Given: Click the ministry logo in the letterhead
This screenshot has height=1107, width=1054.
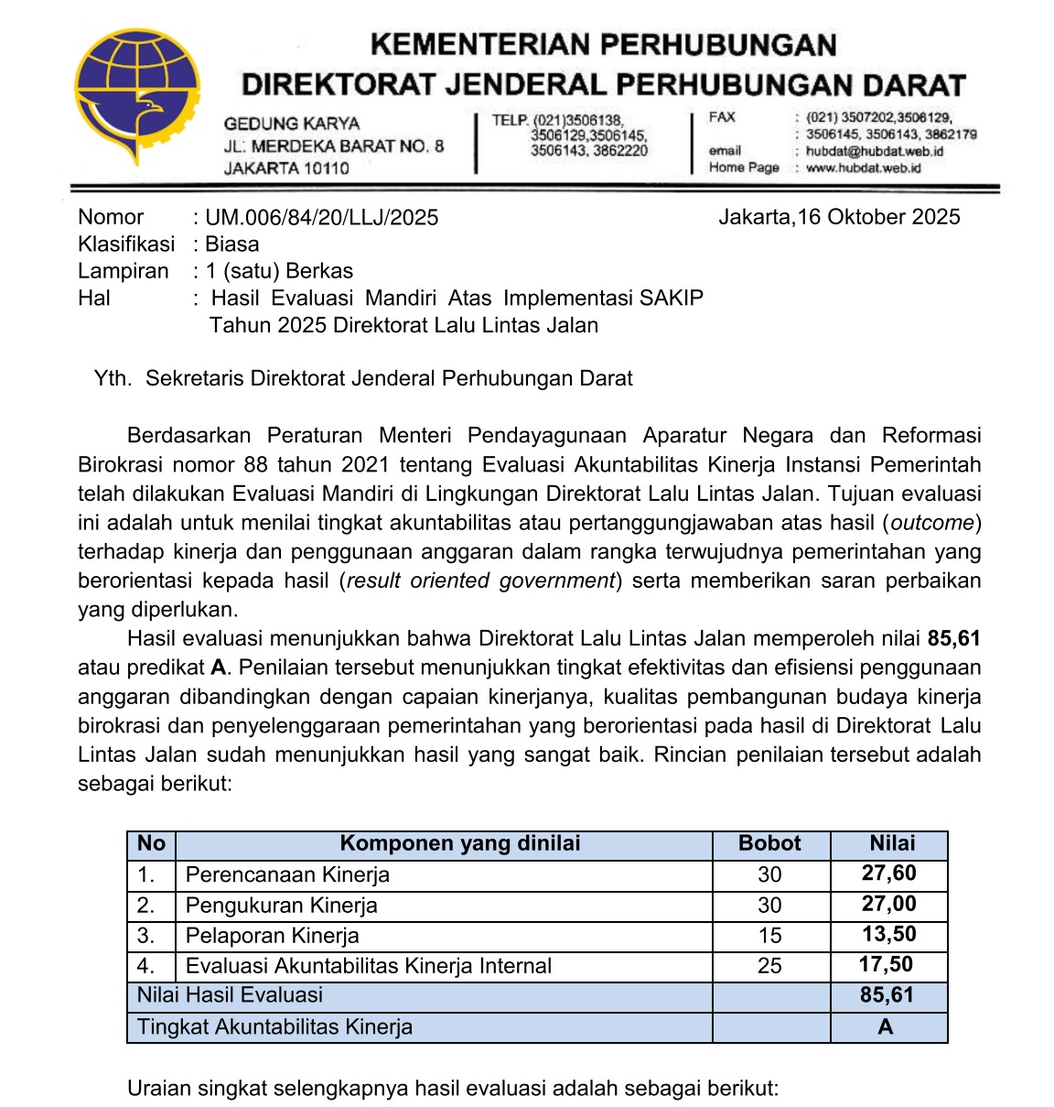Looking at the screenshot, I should click(137, 96).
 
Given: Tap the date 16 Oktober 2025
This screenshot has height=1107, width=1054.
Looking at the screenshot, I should click(878, 217).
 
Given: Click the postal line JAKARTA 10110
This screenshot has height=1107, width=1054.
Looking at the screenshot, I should click(286, 168).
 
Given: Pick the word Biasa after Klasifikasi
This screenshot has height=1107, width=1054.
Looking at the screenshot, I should click(231, 244).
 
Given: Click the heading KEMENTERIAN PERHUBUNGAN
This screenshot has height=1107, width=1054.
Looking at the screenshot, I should click(603, 45).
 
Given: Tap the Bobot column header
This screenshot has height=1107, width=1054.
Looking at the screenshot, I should click(769, 844).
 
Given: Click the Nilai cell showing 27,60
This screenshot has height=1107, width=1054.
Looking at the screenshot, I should click(888, 874).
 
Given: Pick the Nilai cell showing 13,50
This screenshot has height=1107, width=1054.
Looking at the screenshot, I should click(888, 935).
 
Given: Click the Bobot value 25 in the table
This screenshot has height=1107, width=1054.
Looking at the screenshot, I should click(769, 966).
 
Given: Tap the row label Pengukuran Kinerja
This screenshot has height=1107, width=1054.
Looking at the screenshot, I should click(281, 906).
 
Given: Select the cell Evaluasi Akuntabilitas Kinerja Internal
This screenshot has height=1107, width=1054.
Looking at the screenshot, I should click(368, 966).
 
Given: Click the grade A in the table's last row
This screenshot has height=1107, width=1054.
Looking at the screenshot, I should click(885, 1027).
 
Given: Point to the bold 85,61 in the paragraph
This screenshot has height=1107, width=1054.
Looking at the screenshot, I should click(953, 639).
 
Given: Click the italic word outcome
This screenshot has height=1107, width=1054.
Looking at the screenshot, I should click(932, 523).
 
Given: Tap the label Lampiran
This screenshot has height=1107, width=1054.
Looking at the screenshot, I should click(124, 271).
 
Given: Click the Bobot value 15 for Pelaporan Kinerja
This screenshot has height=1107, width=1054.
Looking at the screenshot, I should click(769, 936).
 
